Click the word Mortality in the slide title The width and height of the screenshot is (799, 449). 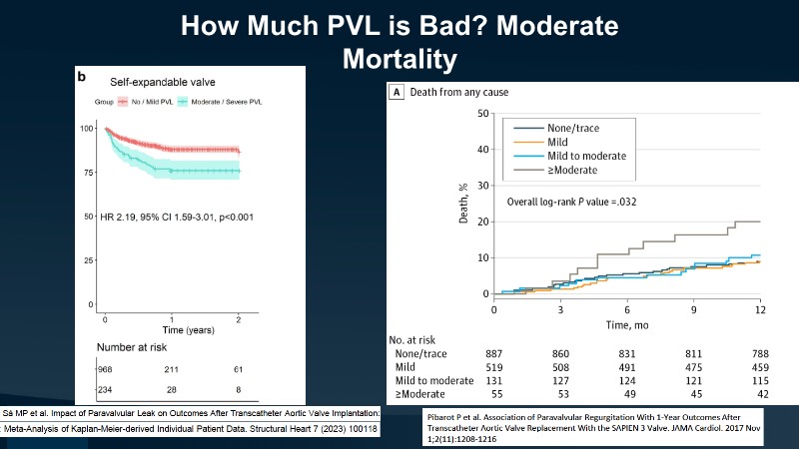(x=399, y=58)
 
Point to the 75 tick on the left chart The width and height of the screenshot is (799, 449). (x=87, y=172)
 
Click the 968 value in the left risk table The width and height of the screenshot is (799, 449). (x=106, y=369)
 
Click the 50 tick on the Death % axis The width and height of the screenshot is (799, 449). (x=482, y=113)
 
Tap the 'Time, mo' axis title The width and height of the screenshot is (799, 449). (x=627, y=325)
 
